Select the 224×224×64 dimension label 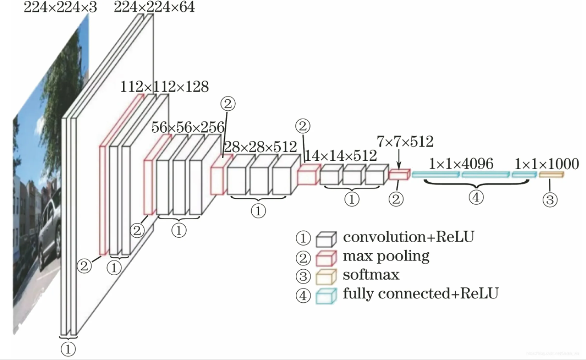154,7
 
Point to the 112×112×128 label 164,87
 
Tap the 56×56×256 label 187,127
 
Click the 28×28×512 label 260,146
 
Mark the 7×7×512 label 405,142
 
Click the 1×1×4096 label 461,164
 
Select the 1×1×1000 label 547,164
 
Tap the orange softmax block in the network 551,174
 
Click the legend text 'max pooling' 386,256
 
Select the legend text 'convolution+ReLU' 408,237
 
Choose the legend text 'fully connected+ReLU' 420,293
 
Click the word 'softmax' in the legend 371,274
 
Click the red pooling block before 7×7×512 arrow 399,174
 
